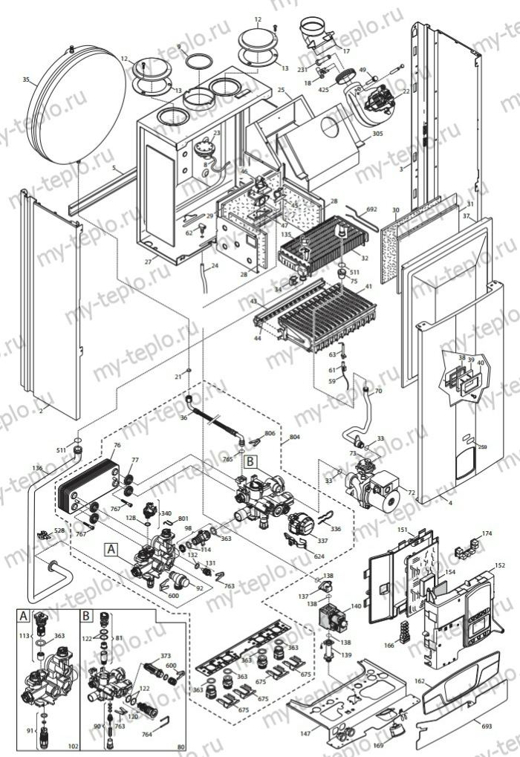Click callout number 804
coord(295,439)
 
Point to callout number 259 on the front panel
coord(482,447)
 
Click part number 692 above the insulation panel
coord(371,210)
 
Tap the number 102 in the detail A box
coord(73,745)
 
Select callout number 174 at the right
coord(487,533)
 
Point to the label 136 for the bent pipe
coord(38,467)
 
